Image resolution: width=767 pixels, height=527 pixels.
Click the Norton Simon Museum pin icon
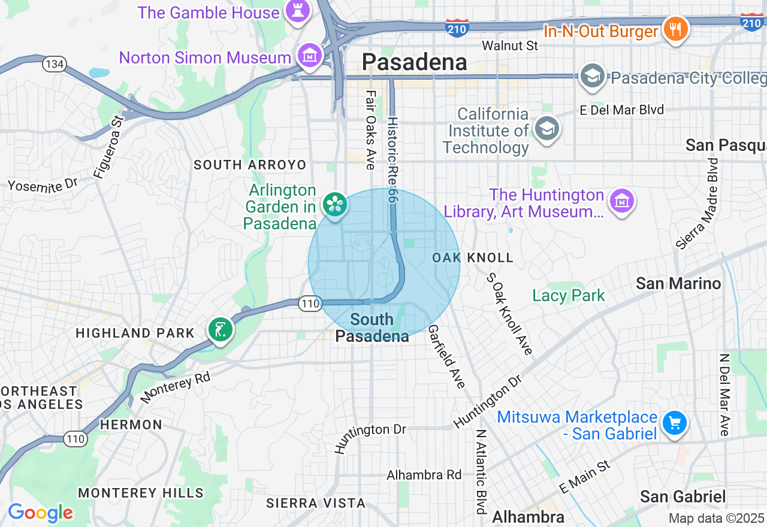click(x=310, y=56)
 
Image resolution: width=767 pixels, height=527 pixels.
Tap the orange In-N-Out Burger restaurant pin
click(x=675, y=28)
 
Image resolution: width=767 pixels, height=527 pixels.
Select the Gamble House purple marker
click(x=297, y=11)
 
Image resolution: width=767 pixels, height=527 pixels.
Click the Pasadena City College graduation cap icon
click(x=592, y=76)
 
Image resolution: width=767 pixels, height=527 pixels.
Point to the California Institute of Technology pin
click(x=546, y=129)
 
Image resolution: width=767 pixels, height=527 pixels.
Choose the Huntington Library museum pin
click(x=621, y=201)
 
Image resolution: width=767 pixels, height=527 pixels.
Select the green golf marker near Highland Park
click(x=221, y=330)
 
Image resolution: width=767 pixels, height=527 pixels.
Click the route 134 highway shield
click(x=54, y=63)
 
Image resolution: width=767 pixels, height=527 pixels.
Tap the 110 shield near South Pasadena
click(x=310, y=304)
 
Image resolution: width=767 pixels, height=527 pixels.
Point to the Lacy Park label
click(x=569, y=295)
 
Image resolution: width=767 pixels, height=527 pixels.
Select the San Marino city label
click(x=678, y=283)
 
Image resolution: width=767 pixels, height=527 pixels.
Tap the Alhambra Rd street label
click(x=424, y=475)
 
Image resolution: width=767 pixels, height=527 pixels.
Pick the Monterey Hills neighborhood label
click(x=141, y=493)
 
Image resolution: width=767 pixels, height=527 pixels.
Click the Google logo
click(x=40, y=513)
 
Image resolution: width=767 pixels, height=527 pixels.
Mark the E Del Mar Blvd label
click(x=622, y=110)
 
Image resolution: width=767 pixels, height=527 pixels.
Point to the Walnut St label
click(x=510, y=46)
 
